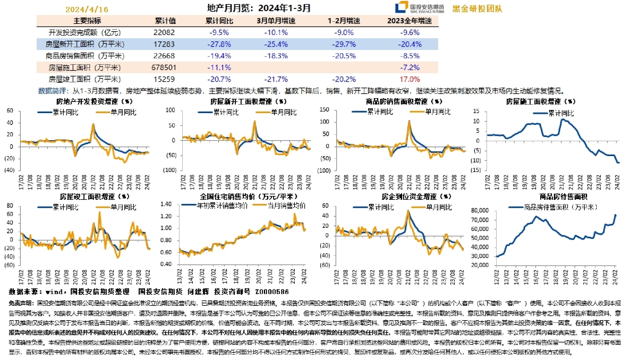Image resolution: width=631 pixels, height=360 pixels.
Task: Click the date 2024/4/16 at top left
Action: tap(87, 9)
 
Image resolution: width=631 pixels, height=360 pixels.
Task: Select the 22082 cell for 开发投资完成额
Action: tap(161, 32)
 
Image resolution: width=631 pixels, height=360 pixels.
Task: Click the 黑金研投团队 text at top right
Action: tap(476, 8)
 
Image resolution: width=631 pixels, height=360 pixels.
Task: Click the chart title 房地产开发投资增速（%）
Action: tap(94, 100)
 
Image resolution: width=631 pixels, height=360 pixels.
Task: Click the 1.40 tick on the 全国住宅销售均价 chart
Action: tap(168, 204)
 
